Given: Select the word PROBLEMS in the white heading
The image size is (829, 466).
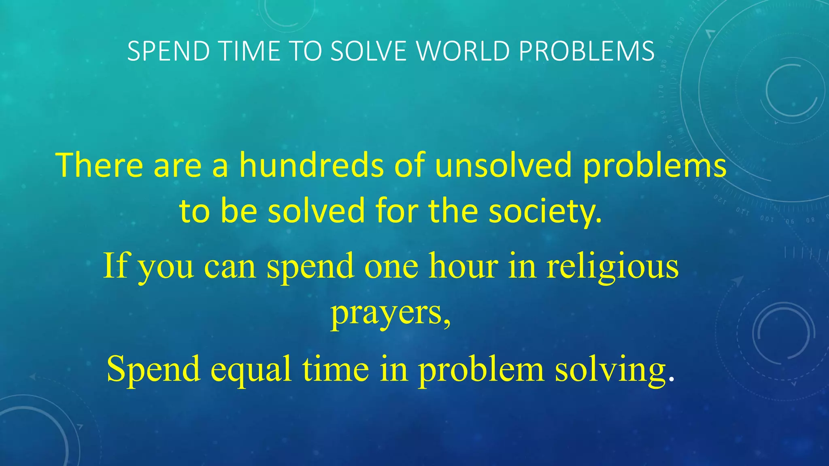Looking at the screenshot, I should pos(587,51).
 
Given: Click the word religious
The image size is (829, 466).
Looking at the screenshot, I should pos(612,266).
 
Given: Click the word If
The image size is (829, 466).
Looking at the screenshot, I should pos(115,266).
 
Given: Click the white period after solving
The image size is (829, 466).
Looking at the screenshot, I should pos(672,379).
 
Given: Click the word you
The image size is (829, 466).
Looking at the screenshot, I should pos(166,269).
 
